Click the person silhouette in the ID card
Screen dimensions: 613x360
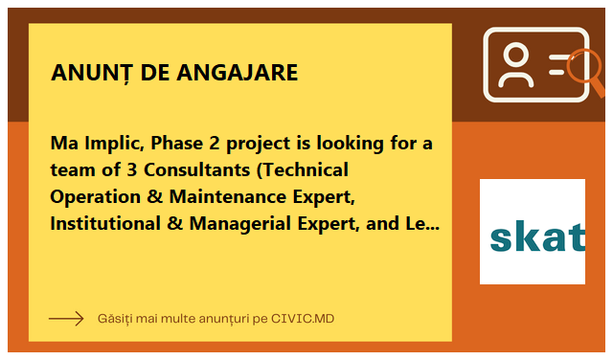click(x=516, y=64)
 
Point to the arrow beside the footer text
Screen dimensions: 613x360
click(x=66, y=319)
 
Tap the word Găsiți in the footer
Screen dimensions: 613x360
click(x=115, y=319)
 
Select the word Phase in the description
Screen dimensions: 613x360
click(x=176, y=143)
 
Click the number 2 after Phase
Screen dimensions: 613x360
click(x=215, y=143)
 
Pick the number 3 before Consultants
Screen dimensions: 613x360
click(x=132, y=170)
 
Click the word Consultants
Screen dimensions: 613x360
click(x=197, y=170)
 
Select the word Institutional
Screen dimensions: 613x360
click(x=105, y=223)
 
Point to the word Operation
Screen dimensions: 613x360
click(x=96, y=197)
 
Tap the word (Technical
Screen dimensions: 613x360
click(x=303, y=170)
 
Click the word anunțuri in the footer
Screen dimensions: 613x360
click(x=223, y=319)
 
